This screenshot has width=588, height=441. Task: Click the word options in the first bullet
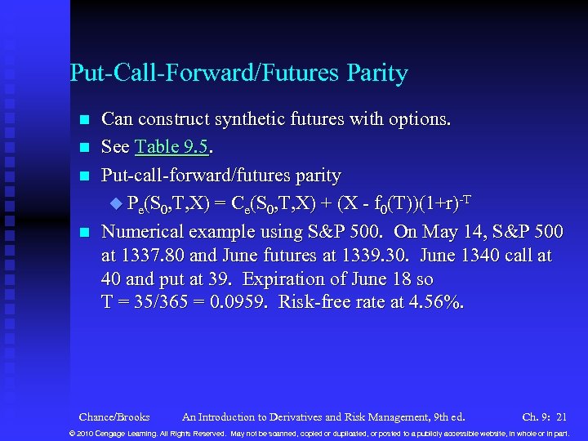(420, 119)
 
